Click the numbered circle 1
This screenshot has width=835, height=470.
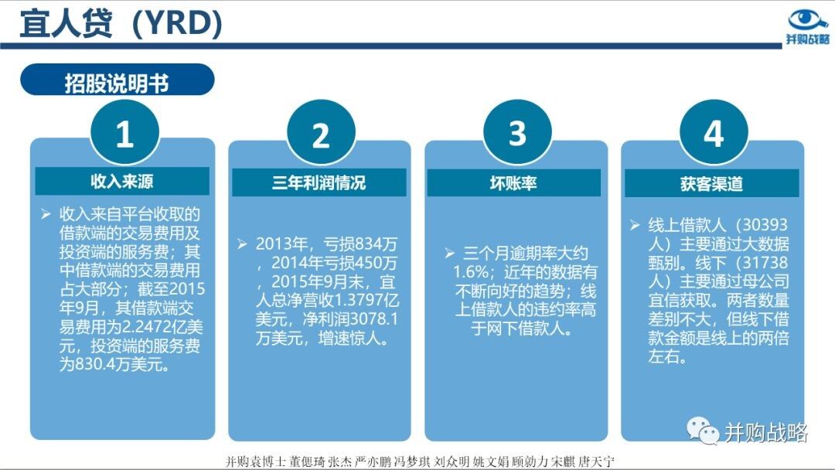[124, 132]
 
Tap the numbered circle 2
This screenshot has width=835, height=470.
[321, 134]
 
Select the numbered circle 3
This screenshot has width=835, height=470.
[517, 132]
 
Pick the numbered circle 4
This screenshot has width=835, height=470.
[714, 132]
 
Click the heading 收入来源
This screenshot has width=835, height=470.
[122, 181]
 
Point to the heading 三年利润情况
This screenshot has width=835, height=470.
[319, 182]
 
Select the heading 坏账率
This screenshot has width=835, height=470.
[513, 183]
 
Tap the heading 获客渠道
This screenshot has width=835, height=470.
[711, 184]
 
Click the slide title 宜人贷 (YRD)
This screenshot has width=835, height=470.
[121, 23]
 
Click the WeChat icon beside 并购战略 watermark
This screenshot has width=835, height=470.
[702, 430]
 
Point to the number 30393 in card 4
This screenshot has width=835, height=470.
[765, 225]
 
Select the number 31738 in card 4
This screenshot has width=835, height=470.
[765, 262]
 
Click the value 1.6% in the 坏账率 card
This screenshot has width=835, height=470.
[471, 272]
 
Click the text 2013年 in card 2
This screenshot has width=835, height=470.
[281, 244]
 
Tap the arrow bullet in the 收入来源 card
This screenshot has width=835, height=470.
[46, 214]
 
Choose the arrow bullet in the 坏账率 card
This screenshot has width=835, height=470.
[449, 253]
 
